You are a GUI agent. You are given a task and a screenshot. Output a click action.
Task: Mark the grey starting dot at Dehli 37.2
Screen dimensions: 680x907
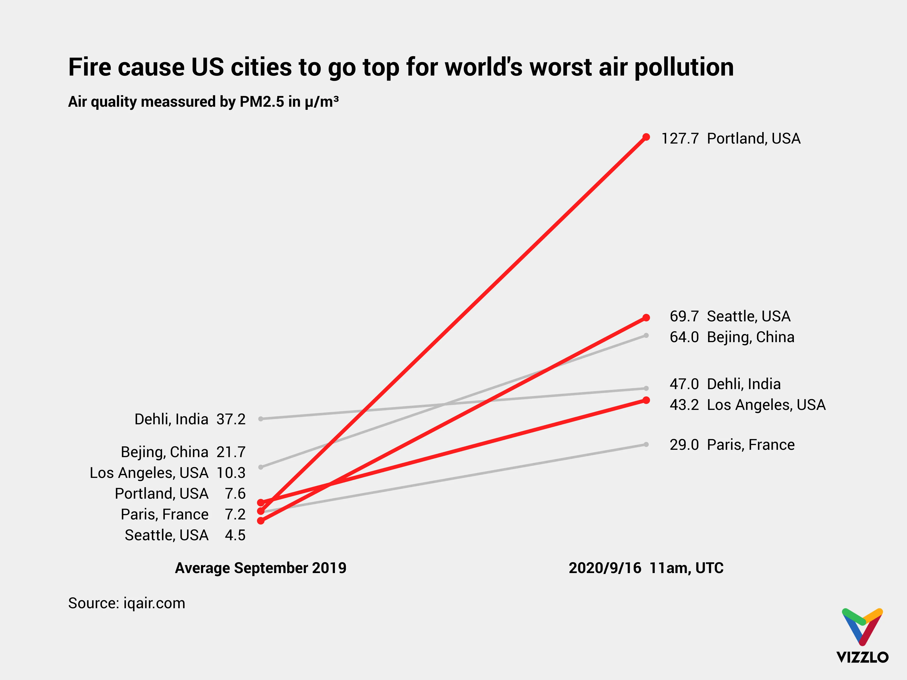[261, 418]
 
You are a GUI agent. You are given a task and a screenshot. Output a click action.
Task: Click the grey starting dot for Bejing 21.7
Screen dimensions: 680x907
[261, 467]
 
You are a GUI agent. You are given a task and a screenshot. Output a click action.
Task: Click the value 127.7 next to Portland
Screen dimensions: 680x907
[680, 139]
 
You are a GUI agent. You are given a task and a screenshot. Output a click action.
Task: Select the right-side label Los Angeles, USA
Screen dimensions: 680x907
[766, 405]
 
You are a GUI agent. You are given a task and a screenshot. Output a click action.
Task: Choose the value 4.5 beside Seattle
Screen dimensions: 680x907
[235, 535]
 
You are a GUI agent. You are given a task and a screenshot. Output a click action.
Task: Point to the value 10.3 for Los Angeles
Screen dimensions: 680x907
[231, 473]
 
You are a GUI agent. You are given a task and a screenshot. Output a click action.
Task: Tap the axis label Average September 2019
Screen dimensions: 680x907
[260, 568]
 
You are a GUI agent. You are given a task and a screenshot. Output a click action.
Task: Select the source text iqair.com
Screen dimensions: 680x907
[154, 603]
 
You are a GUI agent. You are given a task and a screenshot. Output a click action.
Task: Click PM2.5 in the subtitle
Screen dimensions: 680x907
[262, 102]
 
